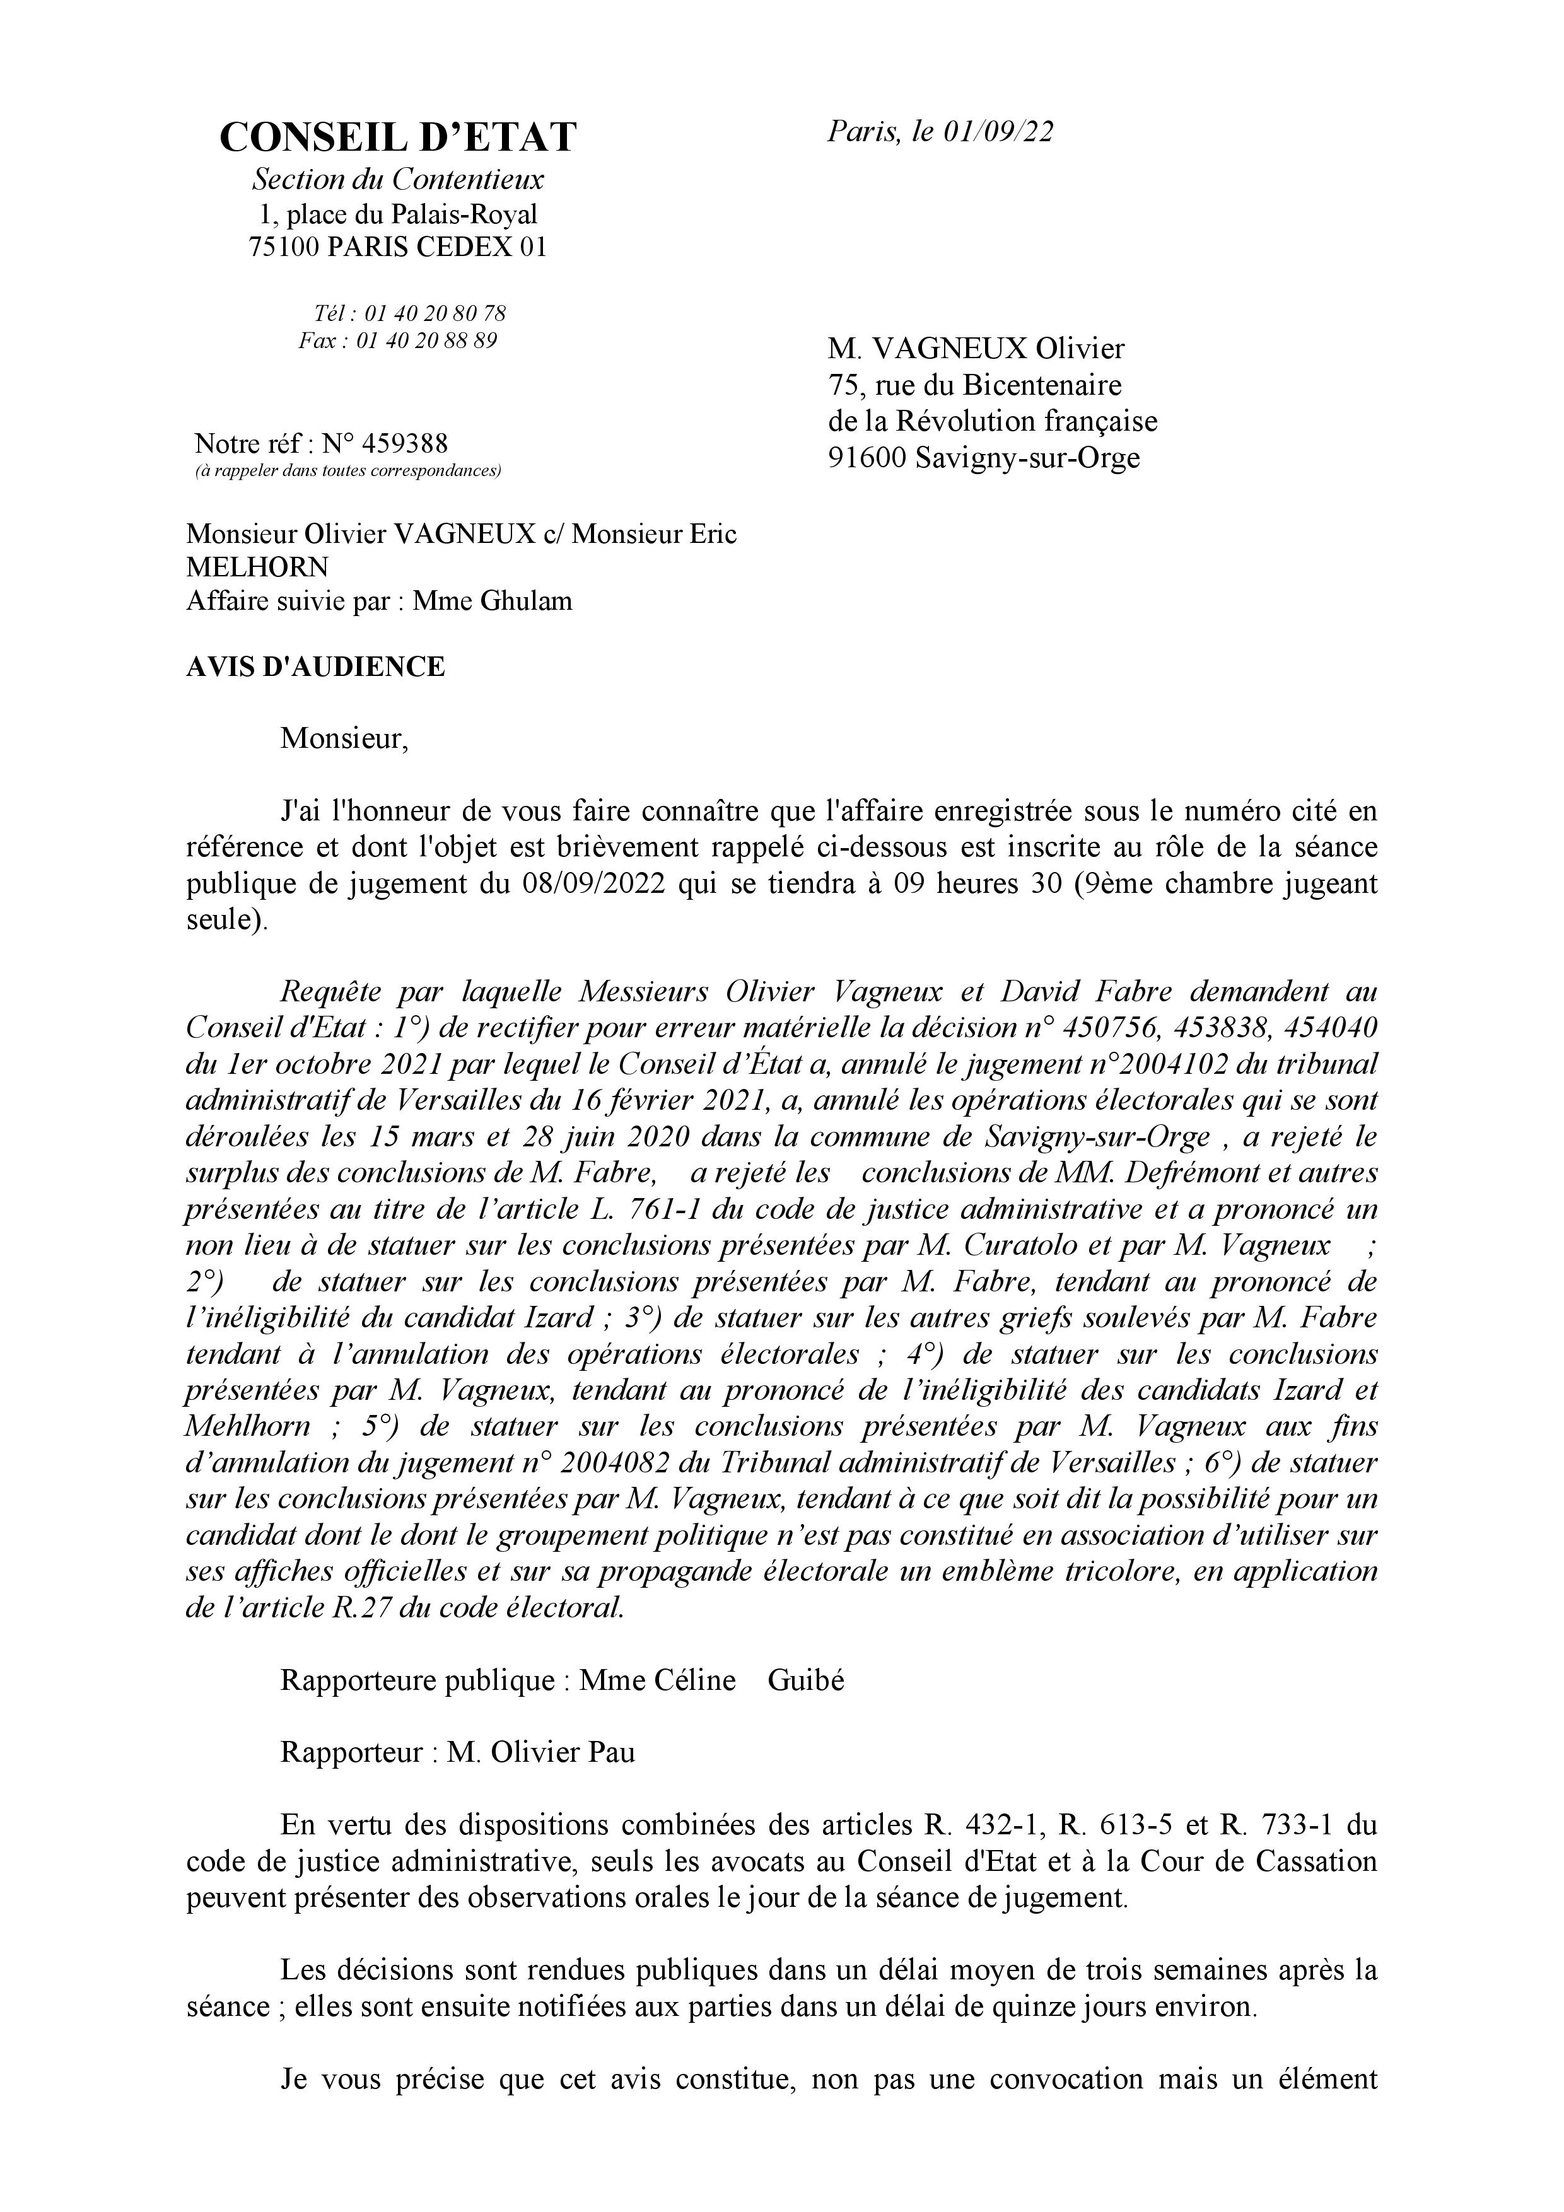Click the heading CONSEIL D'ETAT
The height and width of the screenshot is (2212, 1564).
click(397, 137)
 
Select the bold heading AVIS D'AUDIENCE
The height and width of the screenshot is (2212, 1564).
click(315, 667)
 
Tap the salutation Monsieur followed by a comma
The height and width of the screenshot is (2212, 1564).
click(344, 739)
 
